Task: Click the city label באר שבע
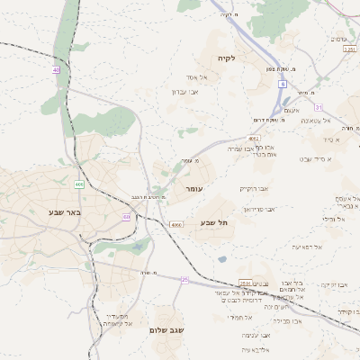pyautogui.click(x=67, y=212)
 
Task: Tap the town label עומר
pyautogui.click(x=195, y=190)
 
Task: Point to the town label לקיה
pyautogui.click(x=226, y=58)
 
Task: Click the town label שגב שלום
pyautogui.click(x=168, y=330)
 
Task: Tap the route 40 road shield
pyautogui.click(x=56, y=69)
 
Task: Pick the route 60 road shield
pyautogui.click(x=127, y=217)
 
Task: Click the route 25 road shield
pyautogui.click(x=184, y=280)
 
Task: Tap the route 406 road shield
pyautogui.click(x=79, y=184)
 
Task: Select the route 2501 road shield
pyautogui.click(x=245, y=283)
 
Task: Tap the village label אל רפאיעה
pyautogui.click(x=307, y=247)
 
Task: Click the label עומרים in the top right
pyautogui.click(x=339, y=39)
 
